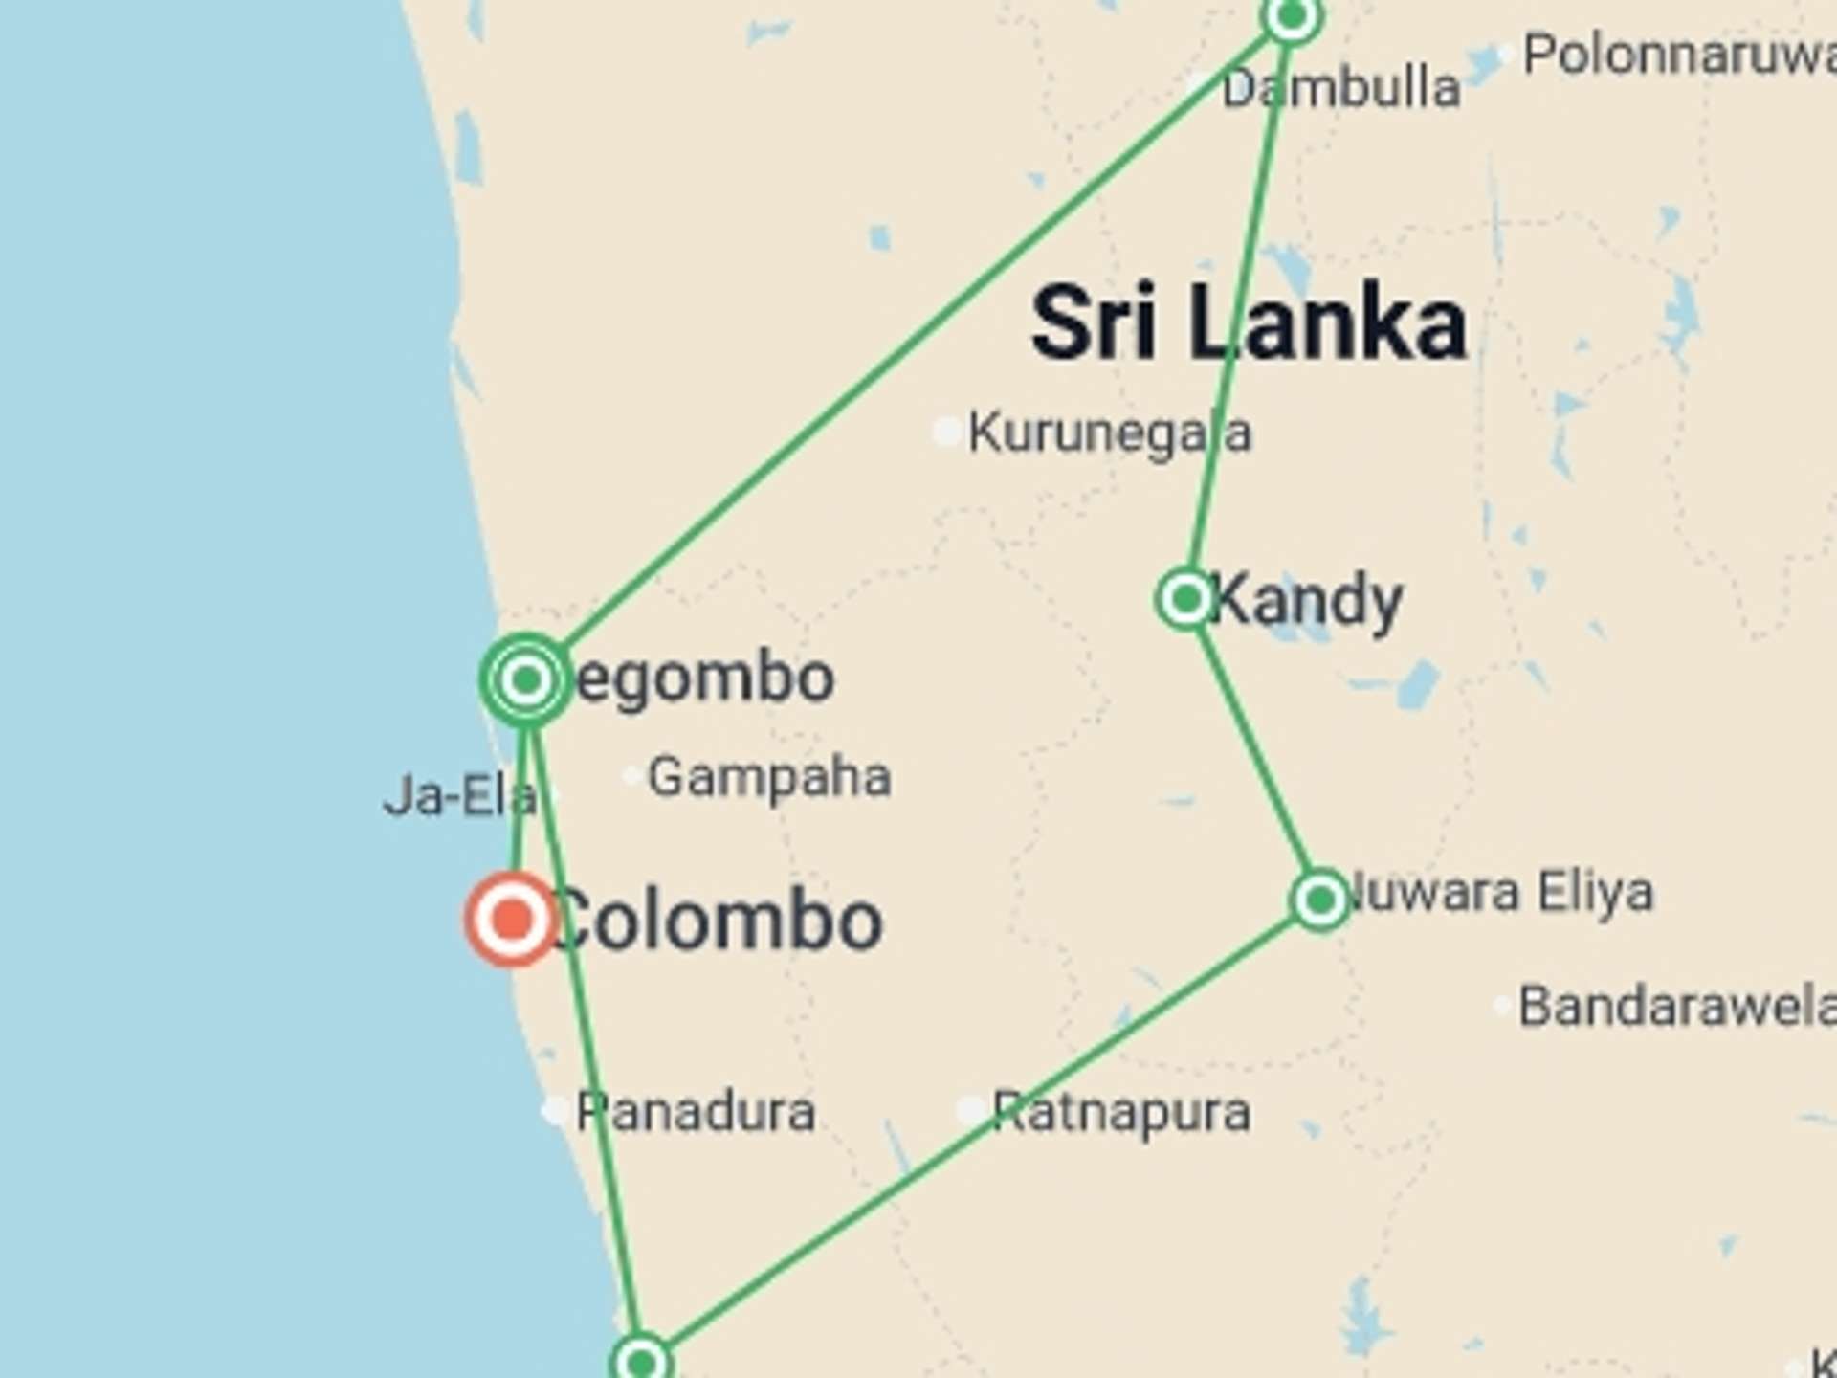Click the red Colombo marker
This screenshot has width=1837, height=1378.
(x=513, y=919)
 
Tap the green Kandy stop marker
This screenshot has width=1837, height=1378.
(x=1186, y=599)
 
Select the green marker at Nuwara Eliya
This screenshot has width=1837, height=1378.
(x=1320, y=900)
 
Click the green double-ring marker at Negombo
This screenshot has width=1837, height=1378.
(x=526, y=679)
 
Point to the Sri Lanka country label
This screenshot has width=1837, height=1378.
(x=1249, y=323)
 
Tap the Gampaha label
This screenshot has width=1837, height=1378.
(x=769, y=777)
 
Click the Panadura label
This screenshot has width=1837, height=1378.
(x=696, y=1112)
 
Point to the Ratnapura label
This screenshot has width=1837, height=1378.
(x=1121, y=1112)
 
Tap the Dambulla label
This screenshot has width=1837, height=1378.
(x=1341, y=89)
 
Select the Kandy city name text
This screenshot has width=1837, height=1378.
(x=1307, y=601)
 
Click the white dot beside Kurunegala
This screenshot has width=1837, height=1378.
(x=946, y=432)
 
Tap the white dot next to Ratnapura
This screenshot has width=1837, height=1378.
(x=970, y=1111)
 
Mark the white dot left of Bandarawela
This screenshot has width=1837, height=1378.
(x=1503, y=1005)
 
